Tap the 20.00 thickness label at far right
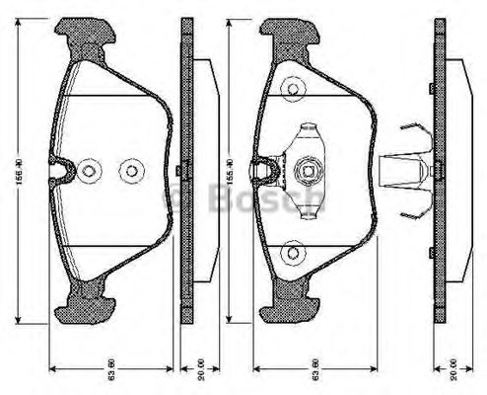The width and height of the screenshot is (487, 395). [454, 375]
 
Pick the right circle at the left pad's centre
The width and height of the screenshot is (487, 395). [128, 171]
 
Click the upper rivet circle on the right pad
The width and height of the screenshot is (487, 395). [292, 90]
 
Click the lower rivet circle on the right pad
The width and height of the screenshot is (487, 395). [292, 253]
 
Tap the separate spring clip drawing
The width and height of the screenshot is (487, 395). [410, 172]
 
